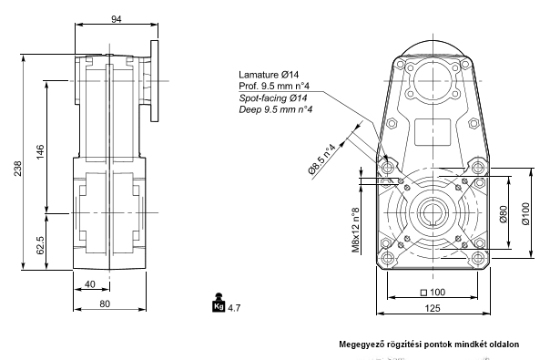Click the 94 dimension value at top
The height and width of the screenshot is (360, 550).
click(x=117, y=19)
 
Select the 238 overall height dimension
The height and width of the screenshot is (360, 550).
click(x=17, y=169)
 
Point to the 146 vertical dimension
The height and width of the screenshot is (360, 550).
click(x=40, y=151)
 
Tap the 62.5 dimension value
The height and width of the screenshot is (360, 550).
click(x=40, y=245)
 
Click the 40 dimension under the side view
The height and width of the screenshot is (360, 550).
click(x=90, y=284)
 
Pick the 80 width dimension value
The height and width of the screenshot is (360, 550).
click(x=105, y=303)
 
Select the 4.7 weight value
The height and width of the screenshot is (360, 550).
click(x=234, y=308)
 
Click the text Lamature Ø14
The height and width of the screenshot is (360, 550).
click(x=269, y=75)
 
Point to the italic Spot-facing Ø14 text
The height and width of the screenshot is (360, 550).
click(x=273, y=98)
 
